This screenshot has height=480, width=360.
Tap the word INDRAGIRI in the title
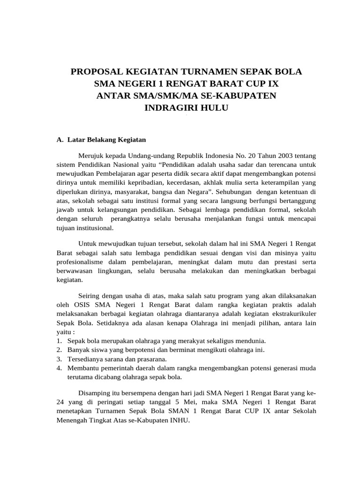point(171,108)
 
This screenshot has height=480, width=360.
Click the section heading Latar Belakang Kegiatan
point(107,140)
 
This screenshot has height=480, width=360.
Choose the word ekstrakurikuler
point(291,314)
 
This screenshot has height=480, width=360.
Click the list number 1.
point(60,341)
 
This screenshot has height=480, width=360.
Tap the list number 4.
point(60,367)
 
